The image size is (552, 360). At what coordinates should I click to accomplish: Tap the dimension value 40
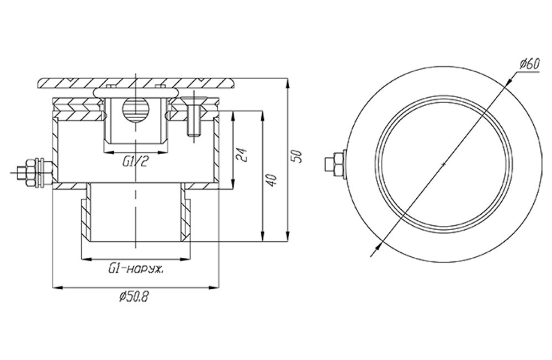[x=271, y=181]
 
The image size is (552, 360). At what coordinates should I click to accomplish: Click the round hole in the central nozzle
[x=135, y=109]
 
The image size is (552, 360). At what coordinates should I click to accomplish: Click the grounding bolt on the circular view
[x=336, y=165]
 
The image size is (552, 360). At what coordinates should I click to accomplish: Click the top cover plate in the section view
[x=135, y=82]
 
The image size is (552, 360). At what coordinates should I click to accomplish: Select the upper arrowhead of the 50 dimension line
[x=290, y=84]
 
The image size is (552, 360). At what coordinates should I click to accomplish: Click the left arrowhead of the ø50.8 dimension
[x=55, y=287]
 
